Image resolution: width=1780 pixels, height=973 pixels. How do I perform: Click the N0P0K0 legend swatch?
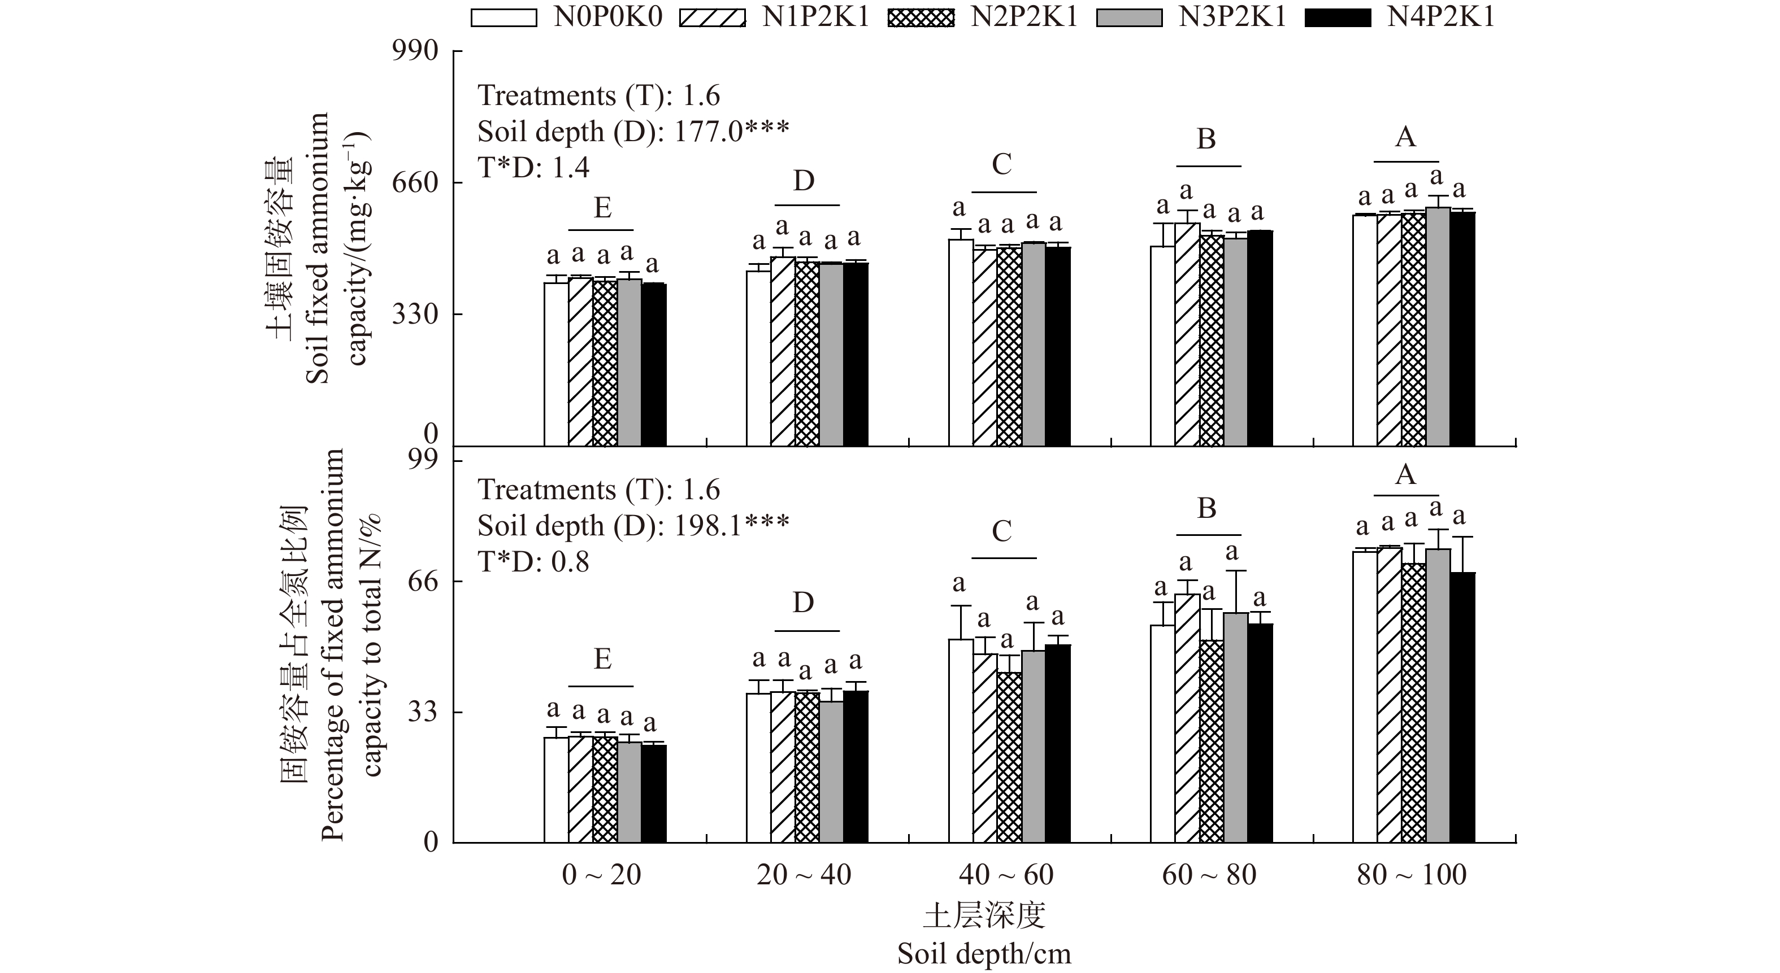(x=503, y=18)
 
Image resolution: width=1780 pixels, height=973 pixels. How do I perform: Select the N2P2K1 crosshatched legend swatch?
(x=921, y=18)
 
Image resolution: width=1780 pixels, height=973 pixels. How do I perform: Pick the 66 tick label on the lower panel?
(x=422, y=582)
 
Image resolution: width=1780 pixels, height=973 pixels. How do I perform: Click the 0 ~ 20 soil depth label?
(x=601, y=875)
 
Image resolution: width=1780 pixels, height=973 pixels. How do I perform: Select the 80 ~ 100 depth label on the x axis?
(x=1412, y=875)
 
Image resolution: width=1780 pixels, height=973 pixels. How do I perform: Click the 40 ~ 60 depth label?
(x=1006, y=875)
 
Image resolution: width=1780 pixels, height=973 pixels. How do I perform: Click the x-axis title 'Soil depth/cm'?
(x=984, y=954)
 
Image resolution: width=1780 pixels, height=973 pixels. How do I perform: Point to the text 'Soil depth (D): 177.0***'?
(x=633, y=131)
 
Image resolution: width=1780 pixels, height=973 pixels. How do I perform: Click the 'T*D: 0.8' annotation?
(x=533, y=562)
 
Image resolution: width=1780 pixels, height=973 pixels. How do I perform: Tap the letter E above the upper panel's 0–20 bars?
(x=602, y=208)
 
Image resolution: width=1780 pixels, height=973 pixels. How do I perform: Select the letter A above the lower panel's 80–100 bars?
(x=1405, y=475)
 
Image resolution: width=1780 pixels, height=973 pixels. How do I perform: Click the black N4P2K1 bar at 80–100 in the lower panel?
(x=1462, y=707)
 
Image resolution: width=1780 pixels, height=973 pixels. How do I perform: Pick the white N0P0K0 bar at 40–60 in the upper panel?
(x=961, y=342)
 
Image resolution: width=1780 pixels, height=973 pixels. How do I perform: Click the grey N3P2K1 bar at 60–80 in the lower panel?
(x=1235, y=727)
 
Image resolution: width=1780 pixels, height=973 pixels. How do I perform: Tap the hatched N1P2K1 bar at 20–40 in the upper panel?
(x=782, y=351)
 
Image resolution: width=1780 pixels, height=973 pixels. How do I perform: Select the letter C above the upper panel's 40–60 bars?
(x=1001, y=164)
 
